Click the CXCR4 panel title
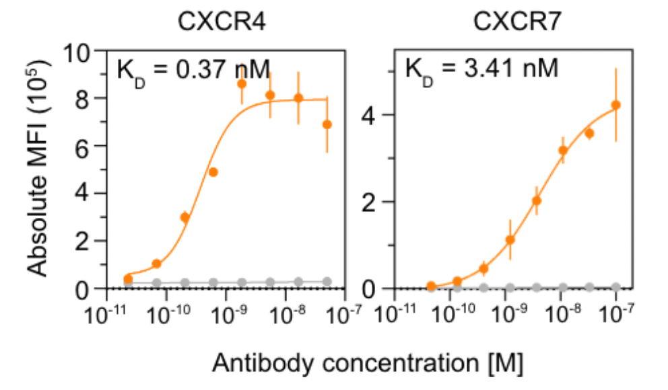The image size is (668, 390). point(222,22)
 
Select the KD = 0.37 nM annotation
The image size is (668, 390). point(193,69)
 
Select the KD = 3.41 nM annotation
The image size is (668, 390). point(481,69)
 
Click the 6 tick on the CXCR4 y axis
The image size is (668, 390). point(87,146)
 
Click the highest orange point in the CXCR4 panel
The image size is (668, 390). point(242,84)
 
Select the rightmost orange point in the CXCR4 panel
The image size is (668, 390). point(327,124)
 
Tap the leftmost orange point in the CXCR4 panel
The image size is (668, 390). point(128,278)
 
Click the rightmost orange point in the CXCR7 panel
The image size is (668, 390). point(615,105)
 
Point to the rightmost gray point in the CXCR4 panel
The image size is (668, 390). point(327,282)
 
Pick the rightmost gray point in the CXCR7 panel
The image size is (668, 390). point(615,287)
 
